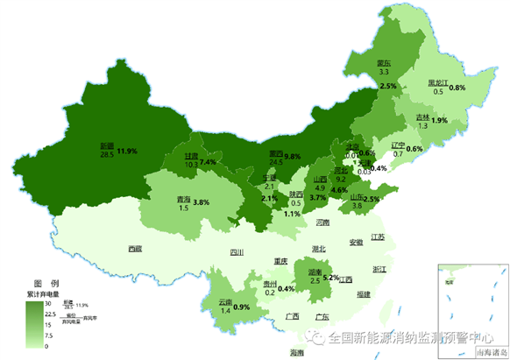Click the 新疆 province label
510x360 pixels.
click(x=107, y=145)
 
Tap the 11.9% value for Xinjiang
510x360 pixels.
click(x=127, y=152)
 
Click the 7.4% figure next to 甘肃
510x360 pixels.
click(x=208, y=162)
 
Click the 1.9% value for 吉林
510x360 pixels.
click(x=440, y=120)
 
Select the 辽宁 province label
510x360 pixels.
click(x=397, y=145)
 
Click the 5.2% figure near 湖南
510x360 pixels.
click(x=331, y=277)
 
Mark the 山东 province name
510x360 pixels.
click(x=358, y=197)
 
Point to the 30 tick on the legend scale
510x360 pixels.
click(x=50, y=302)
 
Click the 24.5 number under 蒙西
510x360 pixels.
click(x=276, y=162)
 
